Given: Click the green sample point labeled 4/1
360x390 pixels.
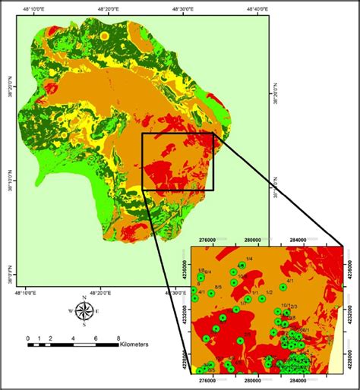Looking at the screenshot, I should coord(283,287).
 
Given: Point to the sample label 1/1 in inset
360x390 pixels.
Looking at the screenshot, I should coord(256,292).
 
